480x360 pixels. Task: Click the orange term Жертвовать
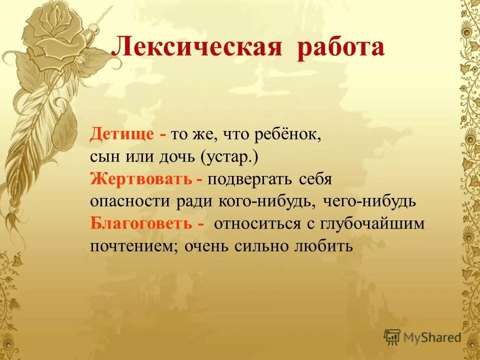click(x=141, y=178)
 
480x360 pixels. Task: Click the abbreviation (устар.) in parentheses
click(x=230, y=157)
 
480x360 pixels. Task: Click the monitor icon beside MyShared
click(x=392, y=337)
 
